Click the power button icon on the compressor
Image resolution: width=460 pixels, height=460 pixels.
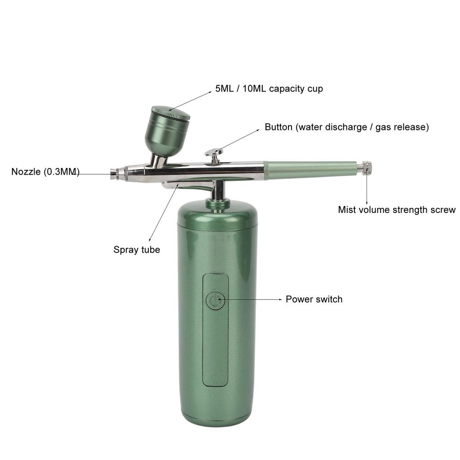pos(216,301)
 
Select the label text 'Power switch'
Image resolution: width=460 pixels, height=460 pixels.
pos(314,299)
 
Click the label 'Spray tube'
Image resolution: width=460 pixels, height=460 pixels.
pos(137,250)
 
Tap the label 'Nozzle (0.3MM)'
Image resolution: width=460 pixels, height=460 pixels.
pos(45,172)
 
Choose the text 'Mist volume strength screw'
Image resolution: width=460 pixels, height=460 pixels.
pos(396,210)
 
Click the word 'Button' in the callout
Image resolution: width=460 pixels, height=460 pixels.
pos(279,127)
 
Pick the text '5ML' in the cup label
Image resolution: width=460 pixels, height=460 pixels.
pos(225,88)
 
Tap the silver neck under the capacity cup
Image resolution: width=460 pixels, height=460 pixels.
pos(159,160)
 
